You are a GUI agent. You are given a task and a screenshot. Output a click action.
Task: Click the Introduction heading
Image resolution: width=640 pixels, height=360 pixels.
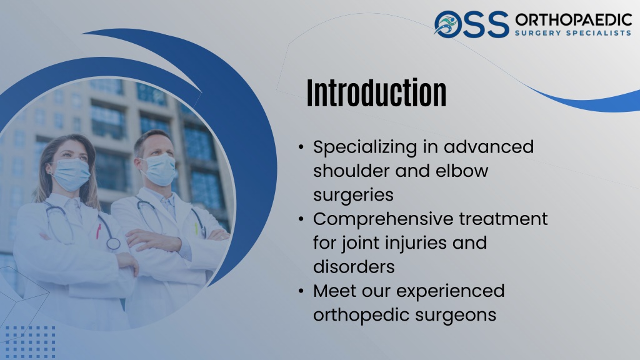click(376, 93)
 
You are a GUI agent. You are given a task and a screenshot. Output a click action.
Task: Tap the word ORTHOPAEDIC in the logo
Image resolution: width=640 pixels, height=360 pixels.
click(574, 19)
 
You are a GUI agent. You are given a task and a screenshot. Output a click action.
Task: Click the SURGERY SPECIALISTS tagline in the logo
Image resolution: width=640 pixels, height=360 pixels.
click(573, 32)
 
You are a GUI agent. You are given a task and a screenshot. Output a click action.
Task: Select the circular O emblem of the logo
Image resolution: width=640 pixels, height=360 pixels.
click(447, 24)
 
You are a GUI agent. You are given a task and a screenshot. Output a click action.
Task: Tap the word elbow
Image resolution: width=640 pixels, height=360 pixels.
click(462, 171)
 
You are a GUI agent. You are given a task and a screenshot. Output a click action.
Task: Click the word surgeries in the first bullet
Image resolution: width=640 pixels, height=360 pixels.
click(353, 196)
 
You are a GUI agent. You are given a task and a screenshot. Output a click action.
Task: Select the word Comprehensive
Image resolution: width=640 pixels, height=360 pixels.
click(383, 219)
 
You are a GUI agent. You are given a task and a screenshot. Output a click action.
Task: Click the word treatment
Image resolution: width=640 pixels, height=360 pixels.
click(503, 219)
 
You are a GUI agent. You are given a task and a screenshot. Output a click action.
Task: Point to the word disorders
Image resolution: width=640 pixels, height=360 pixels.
click(354, 267)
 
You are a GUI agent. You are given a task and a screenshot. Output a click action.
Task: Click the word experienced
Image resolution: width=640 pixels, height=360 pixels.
click(451, 291)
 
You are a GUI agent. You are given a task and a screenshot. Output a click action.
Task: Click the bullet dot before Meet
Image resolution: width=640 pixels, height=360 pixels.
click(301, 291)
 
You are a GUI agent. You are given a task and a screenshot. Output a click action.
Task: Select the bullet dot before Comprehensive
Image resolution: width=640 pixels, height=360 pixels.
click(301, 219)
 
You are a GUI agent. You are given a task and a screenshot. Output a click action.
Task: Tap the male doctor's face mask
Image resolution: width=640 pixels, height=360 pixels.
click(160, 169)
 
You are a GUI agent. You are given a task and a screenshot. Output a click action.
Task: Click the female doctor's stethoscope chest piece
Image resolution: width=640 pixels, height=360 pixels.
click(114, 244)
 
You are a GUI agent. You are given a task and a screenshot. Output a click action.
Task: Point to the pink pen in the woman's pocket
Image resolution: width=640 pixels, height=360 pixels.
click(98, 231)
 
